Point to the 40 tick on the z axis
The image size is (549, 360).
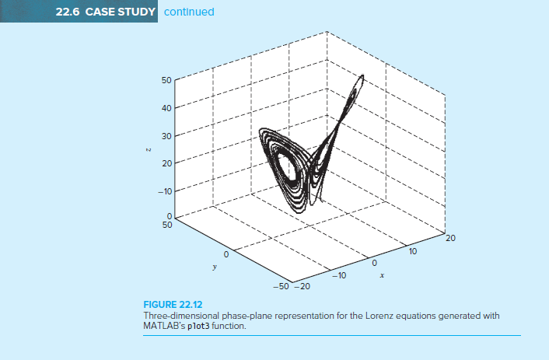click(166, 108)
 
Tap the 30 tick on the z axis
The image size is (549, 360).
click(166, 135)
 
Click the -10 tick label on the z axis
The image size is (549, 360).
click(164, 190)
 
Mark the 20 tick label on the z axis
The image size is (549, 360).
click(166, 163)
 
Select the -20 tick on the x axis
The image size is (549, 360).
click(301, 286)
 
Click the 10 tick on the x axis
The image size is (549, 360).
click(413, 252)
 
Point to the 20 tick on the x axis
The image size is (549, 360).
click(449, 239)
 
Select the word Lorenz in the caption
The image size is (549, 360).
click(334, 316)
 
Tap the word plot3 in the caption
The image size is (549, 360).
click(191, 325)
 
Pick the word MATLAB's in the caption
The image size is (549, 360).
click(162, 325)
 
